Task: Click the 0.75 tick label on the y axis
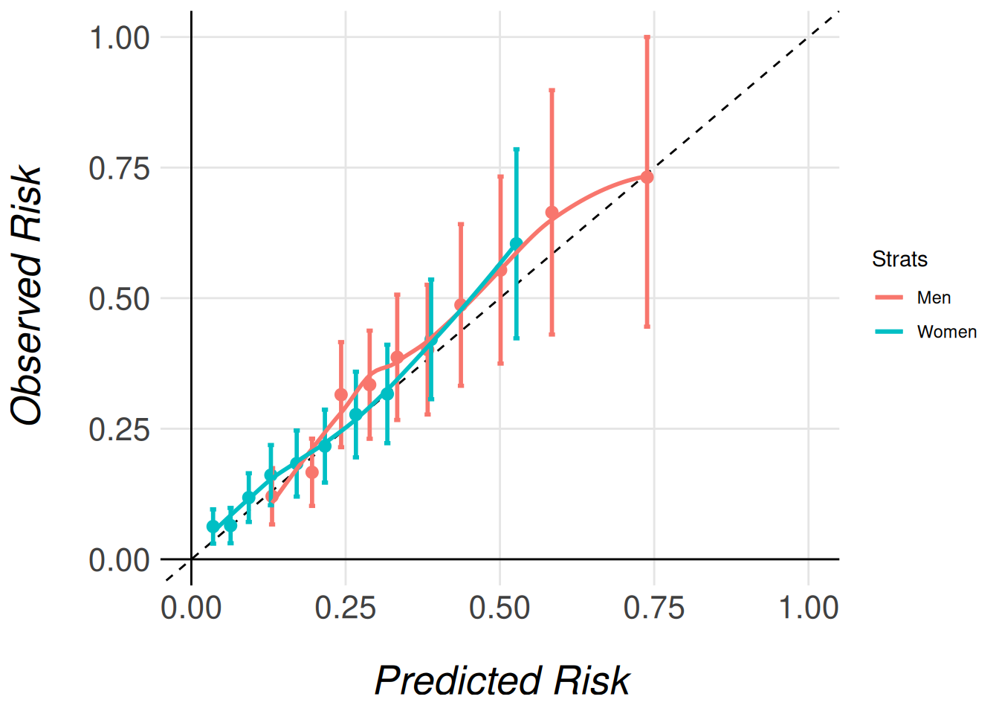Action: coord(119,168)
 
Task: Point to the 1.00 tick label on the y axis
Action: coord(119,37)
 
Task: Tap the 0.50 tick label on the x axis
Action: coord(499,608)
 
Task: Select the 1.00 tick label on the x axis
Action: coord(808,608)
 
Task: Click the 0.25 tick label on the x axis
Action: coord(345,608)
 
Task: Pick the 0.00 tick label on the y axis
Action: coord(119,560)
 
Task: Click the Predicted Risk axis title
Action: coord(502,680)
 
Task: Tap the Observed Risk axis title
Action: coord(28,296)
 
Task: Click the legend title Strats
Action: coord(899,259)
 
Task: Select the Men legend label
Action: coord(934,297)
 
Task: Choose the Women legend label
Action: coord(946,332)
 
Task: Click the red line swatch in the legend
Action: coord(889,297)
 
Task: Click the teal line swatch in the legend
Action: coord(889,332)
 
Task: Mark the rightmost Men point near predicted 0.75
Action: coord(647,177)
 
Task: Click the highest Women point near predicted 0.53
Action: coord(516,243)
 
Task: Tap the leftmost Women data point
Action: coord(213,527)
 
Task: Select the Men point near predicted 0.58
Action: coord(552,213)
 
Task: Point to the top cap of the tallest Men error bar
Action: coord(647,36)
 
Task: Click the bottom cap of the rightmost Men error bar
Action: coord(647,326)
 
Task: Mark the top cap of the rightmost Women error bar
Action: coord(516,149)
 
